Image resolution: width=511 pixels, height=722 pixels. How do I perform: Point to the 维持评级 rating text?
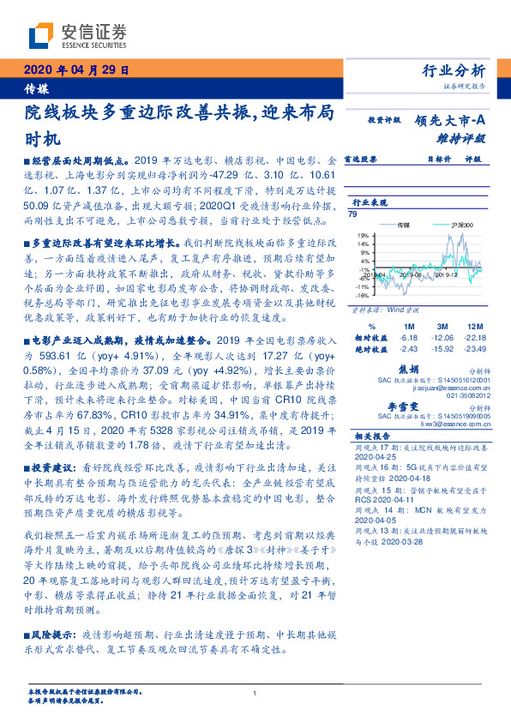point(462,137)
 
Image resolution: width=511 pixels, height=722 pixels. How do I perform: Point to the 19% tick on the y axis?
point(364,234)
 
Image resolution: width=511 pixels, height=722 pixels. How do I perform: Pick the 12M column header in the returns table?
point(474,327)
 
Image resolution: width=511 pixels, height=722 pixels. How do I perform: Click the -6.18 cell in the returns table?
point(408,337)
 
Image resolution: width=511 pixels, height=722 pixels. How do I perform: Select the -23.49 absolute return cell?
point(473,347)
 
